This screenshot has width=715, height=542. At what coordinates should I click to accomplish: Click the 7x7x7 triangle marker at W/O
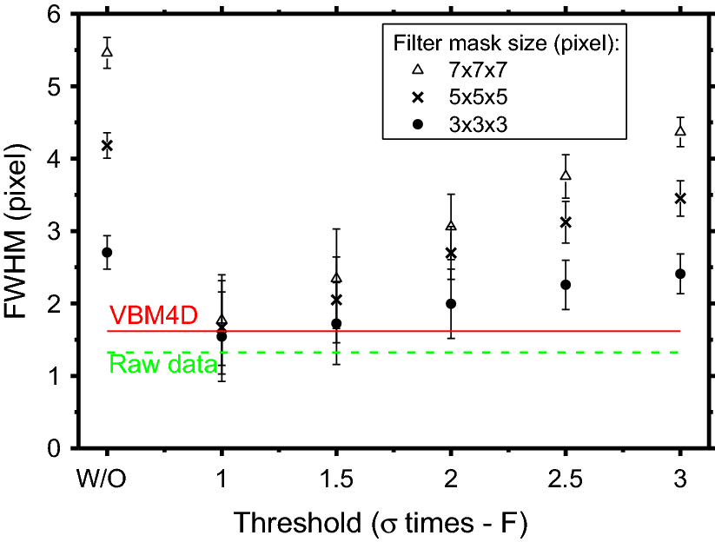(x=107, y=51)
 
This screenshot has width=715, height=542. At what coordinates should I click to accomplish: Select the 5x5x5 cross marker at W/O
(x=107, y=146)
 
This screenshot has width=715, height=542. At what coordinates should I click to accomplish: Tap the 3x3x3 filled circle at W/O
(x=107, y=253)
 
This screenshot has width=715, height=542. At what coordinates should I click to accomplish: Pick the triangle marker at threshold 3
(x=680, y=131)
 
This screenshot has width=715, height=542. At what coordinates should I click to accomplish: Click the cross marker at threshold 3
(x=680, y=199)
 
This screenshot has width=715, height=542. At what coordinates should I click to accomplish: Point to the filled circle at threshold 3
(x=680, y=274)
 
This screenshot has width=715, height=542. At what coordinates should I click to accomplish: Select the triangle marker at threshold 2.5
(x=566, y=175)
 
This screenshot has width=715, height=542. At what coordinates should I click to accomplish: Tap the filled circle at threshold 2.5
(x=566, y=285)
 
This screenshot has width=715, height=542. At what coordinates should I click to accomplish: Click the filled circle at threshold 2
(x=451, y=304)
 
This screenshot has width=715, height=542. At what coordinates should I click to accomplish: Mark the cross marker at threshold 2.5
(x=566, y=222)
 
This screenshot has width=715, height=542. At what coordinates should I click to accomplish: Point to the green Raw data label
(x=162, y=366)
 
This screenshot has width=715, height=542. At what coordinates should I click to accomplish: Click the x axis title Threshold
(x=380, y=522)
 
